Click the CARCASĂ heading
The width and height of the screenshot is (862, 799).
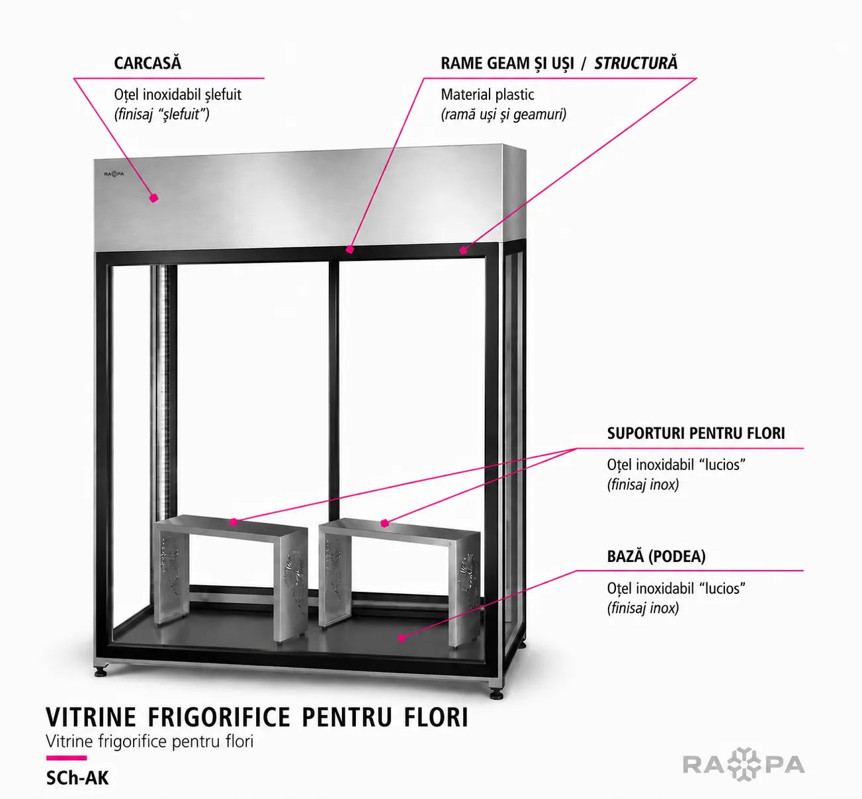[148, 63]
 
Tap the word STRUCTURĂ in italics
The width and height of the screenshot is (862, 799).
[636, 63]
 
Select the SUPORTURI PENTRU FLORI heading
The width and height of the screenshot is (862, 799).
[696, 433]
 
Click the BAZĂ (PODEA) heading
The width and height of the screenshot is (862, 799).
[656, 556]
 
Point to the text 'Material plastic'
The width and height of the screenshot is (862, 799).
[488, 94]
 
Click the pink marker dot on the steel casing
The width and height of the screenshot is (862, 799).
[153, 198]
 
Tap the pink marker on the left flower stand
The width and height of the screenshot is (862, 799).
[234, 522]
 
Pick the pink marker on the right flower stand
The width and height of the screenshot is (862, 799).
[384, 523]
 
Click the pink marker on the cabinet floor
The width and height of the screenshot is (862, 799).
[402, 637]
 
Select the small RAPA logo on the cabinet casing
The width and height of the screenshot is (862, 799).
[114, 174]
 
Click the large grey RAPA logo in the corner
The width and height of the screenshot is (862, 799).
[744, 764]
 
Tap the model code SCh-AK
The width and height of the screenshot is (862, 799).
[77, 778]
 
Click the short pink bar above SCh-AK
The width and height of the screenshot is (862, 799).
[66, 758]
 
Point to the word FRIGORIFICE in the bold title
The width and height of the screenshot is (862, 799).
[219, 717]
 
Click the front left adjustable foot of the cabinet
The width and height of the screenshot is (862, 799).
[101, 671]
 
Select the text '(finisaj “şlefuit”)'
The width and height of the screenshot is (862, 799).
[161, 115]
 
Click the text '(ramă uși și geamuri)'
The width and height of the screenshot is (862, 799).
[503, 115]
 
